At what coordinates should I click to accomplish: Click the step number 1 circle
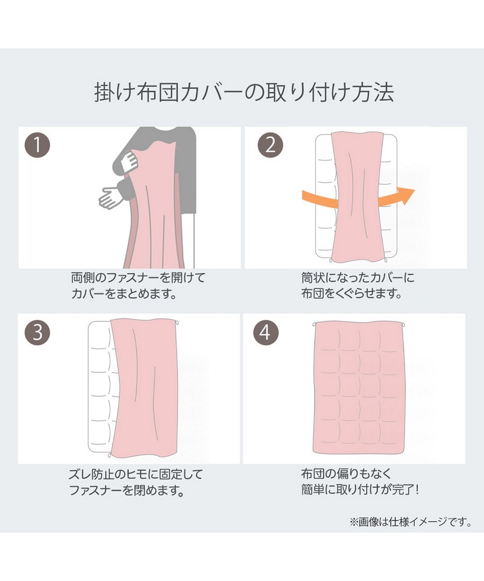(x=37, y=145)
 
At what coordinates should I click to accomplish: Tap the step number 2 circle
(x=271, y=145)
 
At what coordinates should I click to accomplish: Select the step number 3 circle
(x=37, y=332)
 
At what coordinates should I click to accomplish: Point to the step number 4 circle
(x=265, y=332)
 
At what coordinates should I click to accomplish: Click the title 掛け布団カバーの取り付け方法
(x=244, y=93)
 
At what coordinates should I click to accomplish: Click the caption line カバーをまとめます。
(x=124, y=294)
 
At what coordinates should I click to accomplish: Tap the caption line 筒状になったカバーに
(x=358, y=278)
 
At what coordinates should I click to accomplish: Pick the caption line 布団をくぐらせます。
(x=352, y=294)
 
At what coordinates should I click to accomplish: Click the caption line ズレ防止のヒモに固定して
(x=136, y=474)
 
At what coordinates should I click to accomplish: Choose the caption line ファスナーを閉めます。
(x=127, y=491)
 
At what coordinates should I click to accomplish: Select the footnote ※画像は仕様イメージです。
(x=411, y=522)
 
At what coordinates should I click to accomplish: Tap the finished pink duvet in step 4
(x=359, y=388)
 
